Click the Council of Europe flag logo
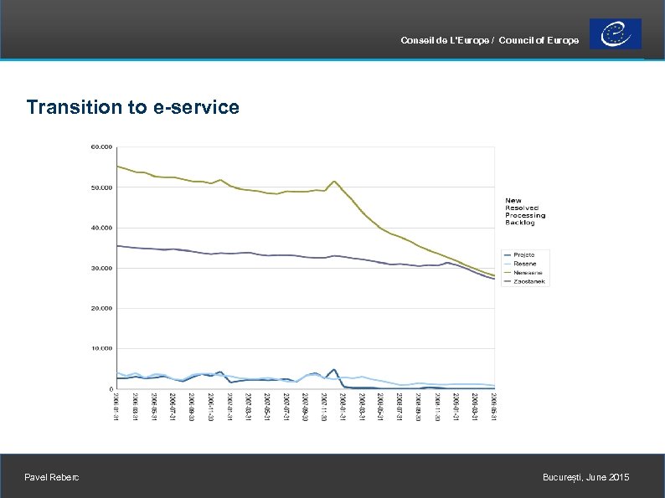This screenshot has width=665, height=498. pos(616,34)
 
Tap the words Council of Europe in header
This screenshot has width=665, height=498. pos(539,41)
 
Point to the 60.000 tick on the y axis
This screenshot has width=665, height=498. pos(101,146)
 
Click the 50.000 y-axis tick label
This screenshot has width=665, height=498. pos(101,187)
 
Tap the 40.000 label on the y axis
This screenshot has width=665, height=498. pos(101,228)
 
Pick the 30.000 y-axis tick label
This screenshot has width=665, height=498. pos(101,268)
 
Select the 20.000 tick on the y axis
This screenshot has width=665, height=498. pos(101,308)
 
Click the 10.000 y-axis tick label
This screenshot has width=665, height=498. pos(101,348)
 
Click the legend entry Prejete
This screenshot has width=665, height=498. pos(525,254)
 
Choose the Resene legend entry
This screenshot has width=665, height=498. pos(525,263)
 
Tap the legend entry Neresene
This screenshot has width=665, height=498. pos(528,272)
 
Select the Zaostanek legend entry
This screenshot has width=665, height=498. pos(529,281)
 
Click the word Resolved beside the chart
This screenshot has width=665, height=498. pos(522,208)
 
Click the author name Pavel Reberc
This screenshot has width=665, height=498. pos(53,478)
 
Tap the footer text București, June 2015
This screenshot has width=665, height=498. pos(585,478)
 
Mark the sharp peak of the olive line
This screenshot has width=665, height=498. pos(334,181)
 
